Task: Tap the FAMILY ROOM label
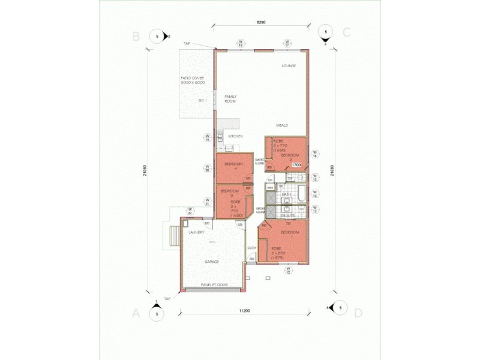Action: point(230,99)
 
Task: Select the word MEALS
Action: point(282,125)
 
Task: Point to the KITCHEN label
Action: point(235,136)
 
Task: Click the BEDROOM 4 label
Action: point(233,166)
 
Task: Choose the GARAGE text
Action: point(211,262)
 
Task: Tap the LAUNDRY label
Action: point(197,232)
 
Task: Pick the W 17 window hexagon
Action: point(287,43)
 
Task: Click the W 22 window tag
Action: point(190,211)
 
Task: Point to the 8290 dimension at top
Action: point(261,22)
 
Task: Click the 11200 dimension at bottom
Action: point(244,310)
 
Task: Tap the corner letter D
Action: point(358,313)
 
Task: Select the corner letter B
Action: point(136,36)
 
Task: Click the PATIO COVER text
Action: point(193,80)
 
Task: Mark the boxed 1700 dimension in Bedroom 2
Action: point(296,164)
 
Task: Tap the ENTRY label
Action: point(251,248)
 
